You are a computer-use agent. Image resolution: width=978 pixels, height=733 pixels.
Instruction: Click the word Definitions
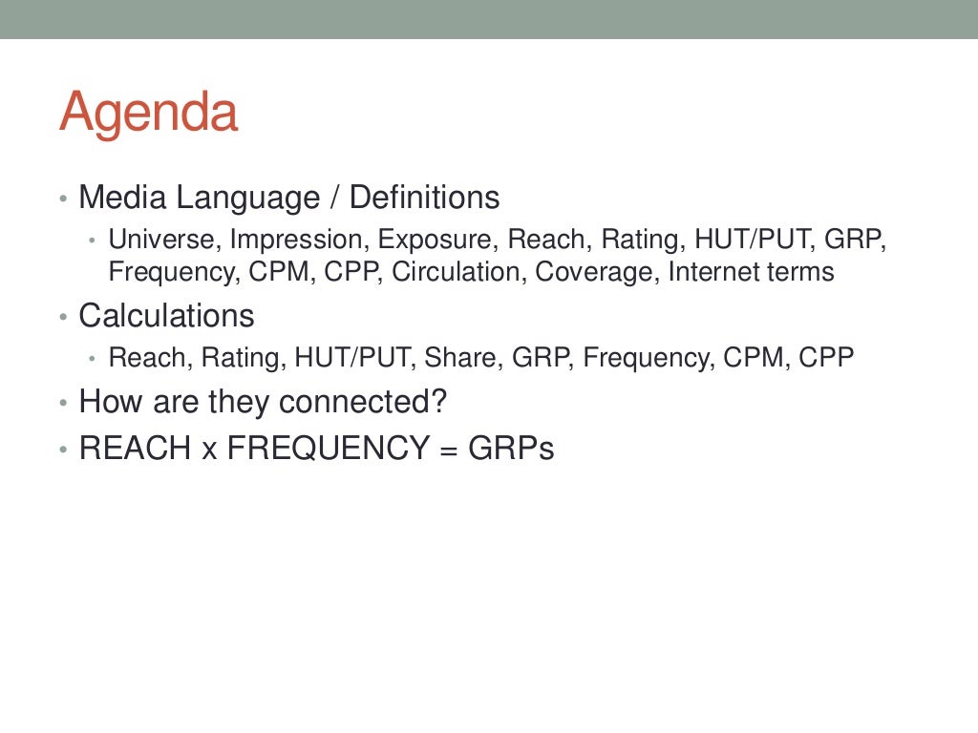coord(424,198)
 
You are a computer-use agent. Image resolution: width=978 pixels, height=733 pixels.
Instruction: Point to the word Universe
coord(163,239)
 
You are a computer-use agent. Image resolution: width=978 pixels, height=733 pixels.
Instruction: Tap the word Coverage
coord(597,272)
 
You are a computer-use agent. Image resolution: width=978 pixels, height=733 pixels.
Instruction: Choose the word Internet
coord(706,272)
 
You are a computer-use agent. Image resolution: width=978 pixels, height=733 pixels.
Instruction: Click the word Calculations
coord(166,316)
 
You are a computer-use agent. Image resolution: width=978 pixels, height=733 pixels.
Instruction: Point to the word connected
coord(363,402)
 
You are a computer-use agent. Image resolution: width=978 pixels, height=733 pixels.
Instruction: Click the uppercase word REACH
coord(135,448)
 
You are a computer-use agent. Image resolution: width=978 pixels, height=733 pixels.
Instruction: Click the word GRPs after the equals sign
coord(511,448)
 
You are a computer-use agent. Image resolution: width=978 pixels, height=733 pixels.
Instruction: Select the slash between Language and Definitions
coord(335,198)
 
